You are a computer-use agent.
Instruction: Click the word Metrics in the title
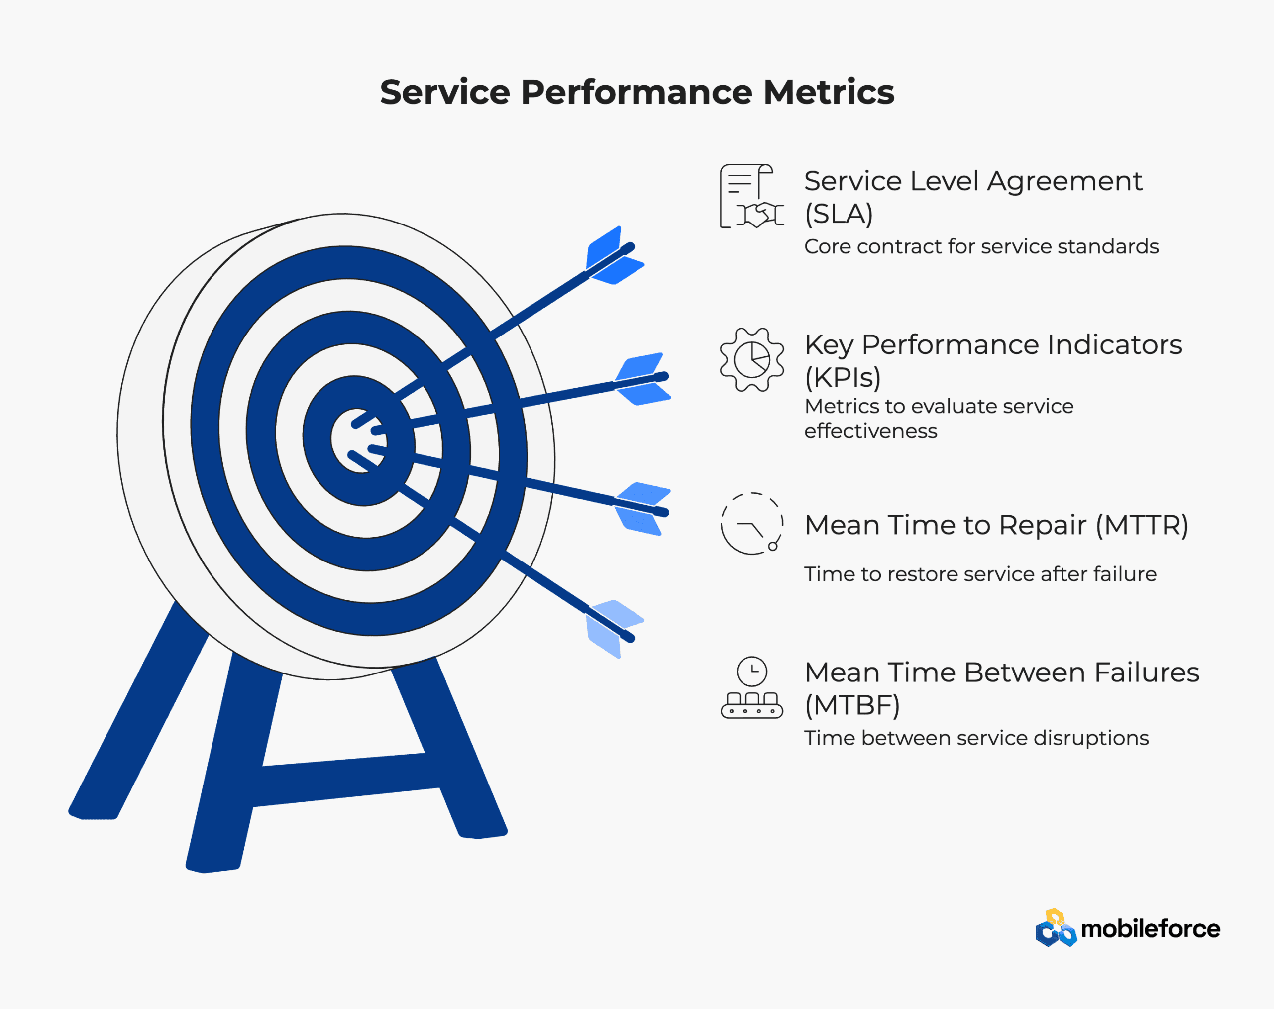coord(829,92)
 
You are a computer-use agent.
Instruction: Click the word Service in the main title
coord(445,92)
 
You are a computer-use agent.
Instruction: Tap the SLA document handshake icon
coord(751,196)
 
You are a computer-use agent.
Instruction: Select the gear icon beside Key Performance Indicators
coord(752,359)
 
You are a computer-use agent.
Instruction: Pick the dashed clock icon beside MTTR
coord(751,523)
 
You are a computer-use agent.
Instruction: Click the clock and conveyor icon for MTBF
coord(751,687)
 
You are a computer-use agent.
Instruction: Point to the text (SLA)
coord(839,214)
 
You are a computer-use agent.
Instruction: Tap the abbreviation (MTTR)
coord(1142,525)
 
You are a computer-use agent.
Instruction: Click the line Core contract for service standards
coord(981,246)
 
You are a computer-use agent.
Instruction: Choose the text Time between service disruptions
coord(976,738)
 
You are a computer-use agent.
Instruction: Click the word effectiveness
coord(870,431)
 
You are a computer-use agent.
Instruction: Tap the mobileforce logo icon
coord(1056,928)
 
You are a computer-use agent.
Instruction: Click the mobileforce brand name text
coord(1150,929)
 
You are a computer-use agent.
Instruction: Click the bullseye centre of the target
coord(358,441)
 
